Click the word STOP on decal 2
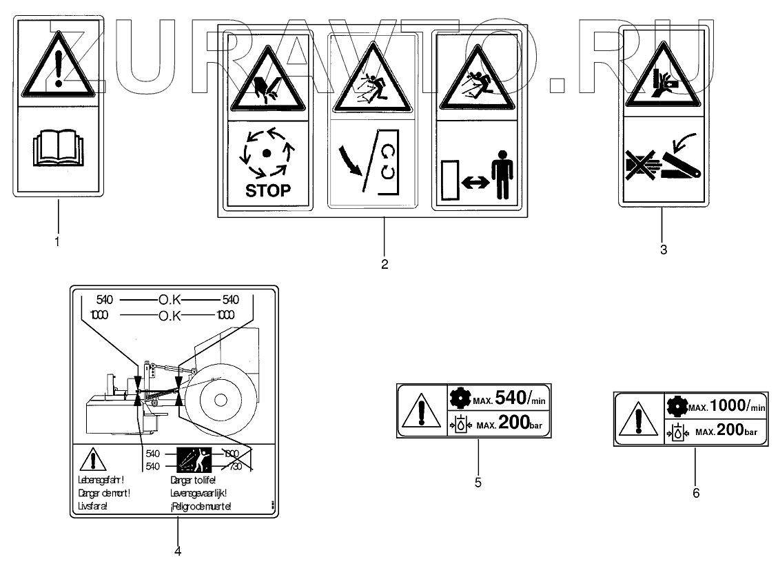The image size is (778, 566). (268, 189)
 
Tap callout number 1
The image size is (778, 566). (57, 241)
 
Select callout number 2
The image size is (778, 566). (385, 263)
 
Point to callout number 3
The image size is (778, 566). (663, 250)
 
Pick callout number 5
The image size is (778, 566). (478, 483)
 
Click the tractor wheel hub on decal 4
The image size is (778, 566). (220, 398)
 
